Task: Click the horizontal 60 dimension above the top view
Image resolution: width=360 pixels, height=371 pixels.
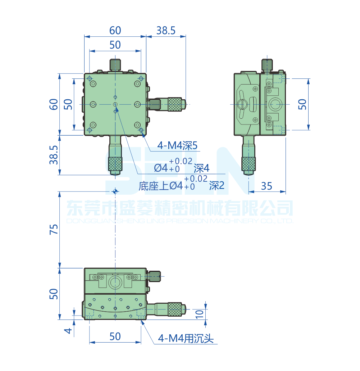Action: point(115,31)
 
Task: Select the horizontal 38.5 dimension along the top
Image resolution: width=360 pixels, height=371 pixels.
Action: point(165,31)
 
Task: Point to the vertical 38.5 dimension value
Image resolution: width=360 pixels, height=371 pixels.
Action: point(54,155)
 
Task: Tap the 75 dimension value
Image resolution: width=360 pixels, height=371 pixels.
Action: point(54,229)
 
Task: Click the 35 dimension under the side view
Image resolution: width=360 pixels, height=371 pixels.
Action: point(266,186)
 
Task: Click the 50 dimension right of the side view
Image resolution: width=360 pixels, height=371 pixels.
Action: point(302,104)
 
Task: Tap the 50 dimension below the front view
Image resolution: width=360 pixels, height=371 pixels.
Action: point(115,336)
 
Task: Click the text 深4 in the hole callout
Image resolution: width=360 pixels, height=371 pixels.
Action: point(201,168)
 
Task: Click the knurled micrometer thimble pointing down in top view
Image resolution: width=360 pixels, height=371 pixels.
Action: point(115,164)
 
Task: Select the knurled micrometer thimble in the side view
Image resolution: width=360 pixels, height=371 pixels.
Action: point(249,164)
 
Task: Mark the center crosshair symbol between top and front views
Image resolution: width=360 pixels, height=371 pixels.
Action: point(115,191)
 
